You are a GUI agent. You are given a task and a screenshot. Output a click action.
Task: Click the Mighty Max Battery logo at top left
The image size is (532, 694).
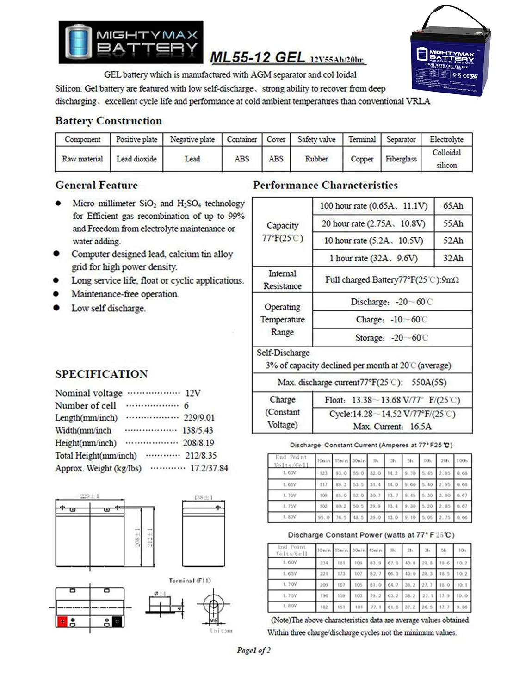point(131,42)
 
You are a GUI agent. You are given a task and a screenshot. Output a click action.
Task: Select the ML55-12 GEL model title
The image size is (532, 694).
point(257,57)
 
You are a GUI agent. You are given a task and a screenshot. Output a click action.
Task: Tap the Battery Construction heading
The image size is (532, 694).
point(108,121)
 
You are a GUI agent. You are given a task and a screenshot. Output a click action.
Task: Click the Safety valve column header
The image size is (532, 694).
point(316,139)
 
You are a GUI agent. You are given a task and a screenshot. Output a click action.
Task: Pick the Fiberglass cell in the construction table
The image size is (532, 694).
point(401,159)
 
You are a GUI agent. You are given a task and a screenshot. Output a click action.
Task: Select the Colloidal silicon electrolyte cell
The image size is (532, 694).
point(446,159)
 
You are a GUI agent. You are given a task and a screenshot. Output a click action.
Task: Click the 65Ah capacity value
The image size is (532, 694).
point(453,206)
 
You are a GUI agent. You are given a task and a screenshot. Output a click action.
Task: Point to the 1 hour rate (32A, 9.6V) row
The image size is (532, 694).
point(373,258)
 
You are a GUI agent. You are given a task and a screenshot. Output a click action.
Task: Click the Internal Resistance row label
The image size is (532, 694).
point(282,279)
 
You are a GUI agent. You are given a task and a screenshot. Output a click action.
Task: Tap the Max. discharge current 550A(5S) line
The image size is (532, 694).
point(362,382)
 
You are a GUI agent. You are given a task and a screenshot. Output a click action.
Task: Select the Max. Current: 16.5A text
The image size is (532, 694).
point(392,426)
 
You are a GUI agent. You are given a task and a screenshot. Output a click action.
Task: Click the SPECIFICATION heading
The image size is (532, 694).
point(101,374)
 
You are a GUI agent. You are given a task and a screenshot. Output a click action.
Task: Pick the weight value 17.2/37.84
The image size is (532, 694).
point(209,468)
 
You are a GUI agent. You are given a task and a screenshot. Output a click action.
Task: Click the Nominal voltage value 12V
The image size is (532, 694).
point(193,393)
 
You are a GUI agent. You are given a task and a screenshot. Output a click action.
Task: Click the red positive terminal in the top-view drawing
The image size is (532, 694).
point(62,621)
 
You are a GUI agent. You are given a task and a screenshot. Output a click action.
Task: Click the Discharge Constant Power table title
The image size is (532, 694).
point(371,535)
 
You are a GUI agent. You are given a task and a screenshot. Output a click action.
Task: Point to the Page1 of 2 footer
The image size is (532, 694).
point(254,650)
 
